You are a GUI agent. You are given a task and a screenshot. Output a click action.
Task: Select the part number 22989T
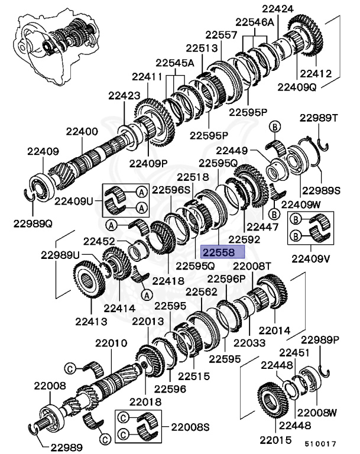pyautogui.click(x=318, y=118)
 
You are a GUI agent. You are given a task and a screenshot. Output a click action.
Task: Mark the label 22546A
pyautogui.click(x=255, y=22)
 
